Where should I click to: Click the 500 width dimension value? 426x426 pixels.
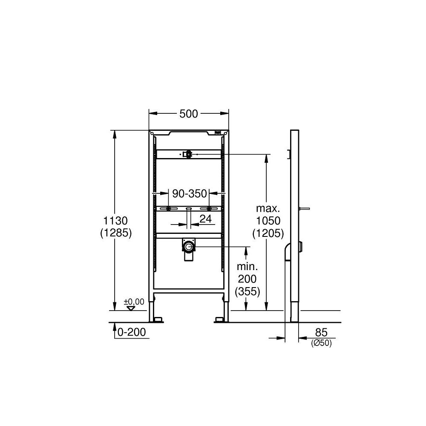189,114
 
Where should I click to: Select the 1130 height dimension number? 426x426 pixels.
115,221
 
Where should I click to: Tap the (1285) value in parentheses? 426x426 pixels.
115,233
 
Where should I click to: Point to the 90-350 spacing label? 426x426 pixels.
189,194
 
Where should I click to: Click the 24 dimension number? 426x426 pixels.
206,219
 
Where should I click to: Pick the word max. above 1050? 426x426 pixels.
268,209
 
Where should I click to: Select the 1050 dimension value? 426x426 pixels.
268,221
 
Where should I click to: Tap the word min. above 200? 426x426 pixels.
248,267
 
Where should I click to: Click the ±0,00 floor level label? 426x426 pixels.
134,302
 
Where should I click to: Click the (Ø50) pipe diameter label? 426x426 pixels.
321,343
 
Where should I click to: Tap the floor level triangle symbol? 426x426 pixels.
131,308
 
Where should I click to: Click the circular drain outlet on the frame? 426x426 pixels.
188,246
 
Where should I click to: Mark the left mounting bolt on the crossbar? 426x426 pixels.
169,208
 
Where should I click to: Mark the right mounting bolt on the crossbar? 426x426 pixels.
209,208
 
